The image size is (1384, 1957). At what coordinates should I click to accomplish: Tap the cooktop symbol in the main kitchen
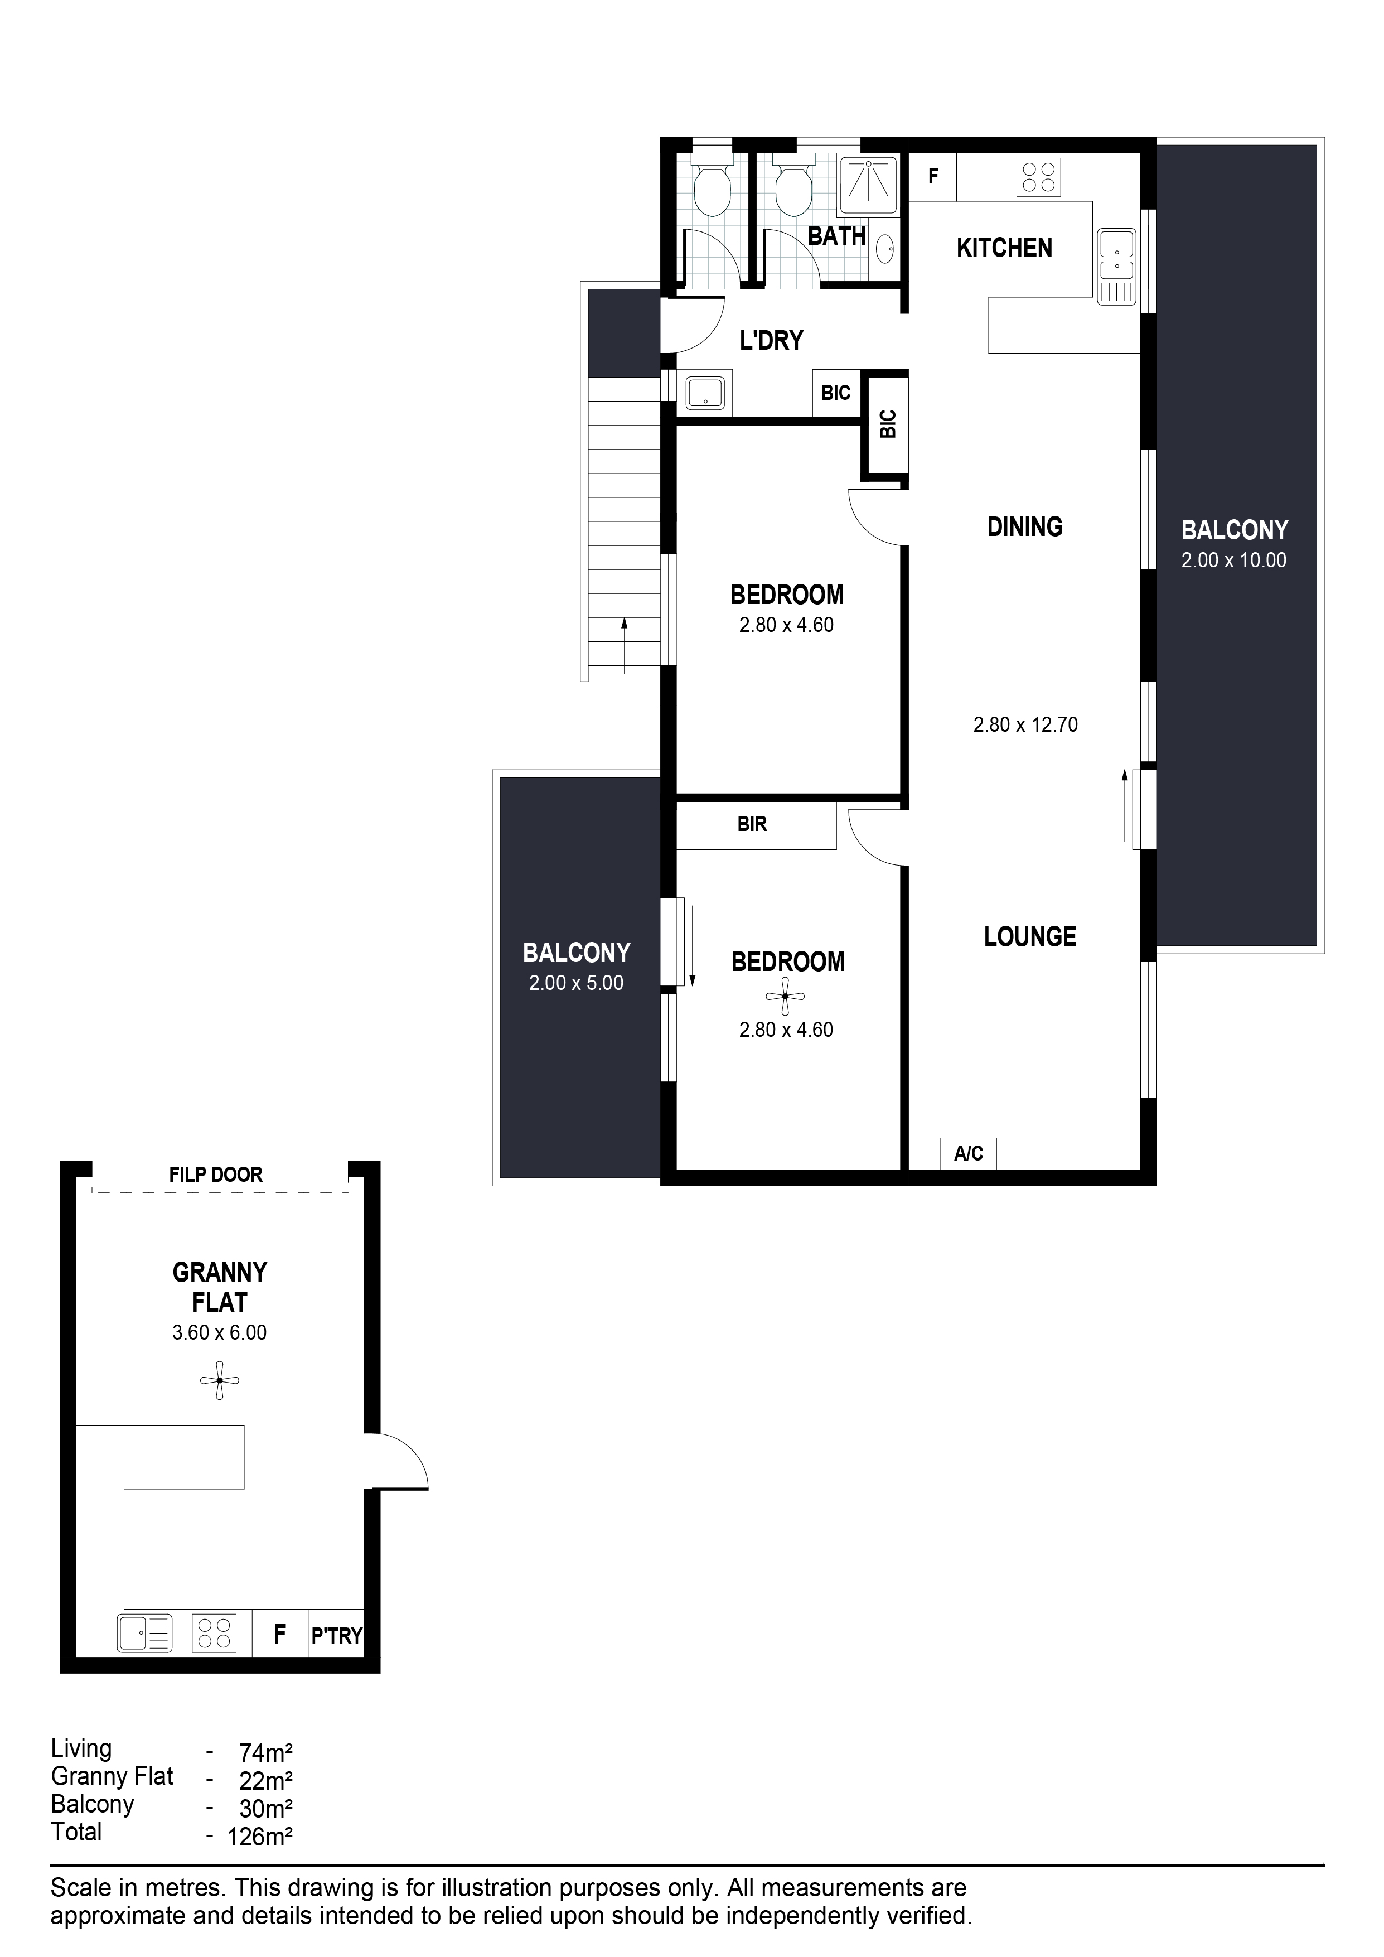(x=1039, y=177)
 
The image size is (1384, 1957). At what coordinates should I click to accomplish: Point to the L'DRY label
(x=771, y=341)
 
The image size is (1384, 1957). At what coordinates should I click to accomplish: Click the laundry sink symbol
(x=705, y=393)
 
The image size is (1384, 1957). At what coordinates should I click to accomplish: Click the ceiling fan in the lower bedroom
(x=785, y=996)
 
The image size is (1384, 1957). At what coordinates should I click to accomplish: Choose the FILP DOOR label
(x=216, y=1175)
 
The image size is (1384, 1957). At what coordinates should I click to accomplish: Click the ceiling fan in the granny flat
(x=220, y=1380)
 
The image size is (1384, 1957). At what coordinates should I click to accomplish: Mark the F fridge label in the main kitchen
(x=933, y=176)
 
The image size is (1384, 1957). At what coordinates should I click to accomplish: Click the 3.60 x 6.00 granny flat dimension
(x=219, y=1333)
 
